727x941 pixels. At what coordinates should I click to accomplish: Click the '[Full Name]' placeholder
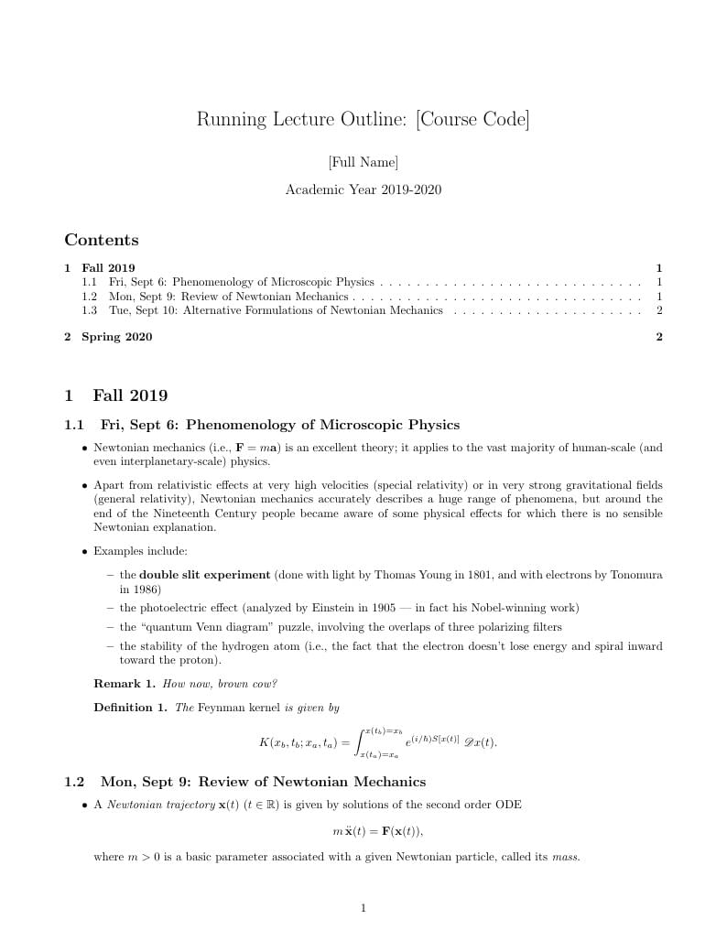(x=363, y=163)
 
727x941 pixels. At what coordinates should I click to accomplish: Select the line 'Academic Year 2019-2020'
(x=363, y=190)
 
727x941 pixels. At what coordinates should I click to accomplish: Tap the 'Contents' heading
(x=102, y=241)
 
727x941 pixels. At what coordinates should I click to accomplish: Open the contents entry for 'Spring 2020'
(x=116, y=337)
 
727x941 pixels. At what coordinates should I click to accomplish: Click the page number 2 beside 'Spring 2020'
(x=658, y=337)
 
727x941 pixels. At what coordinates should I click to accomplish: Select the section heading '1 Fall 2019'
(x=116, y=395)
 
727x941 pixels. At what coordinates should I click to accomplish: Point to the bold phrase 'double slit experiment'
(x=204, y=575)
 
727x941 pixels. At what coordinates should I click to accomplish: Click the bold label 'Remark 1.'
(x=125, y=684)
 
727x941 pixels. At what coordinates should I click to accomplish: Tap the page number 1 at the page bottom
(x=363, y=908)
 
